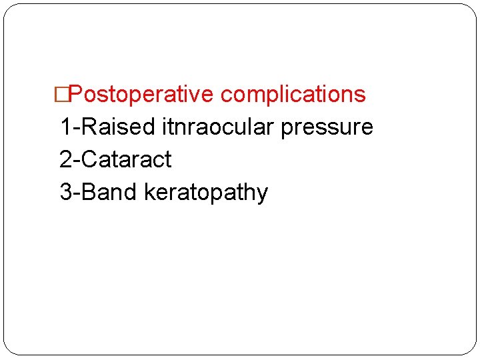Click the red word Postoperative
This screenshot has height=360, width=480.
[141, 95]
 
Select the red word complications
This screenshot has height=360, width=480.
[293, 95]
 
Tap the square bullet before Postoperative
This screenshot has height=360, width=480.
[62, 95]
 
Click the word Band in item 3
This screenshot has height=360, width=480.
[111, 192]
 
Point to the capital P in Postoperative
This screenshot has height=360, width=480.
[75, 95]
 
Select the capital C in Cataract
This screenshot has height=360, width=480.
[89, 159]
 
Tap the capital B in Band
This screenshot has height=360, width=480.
[88, 192]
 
